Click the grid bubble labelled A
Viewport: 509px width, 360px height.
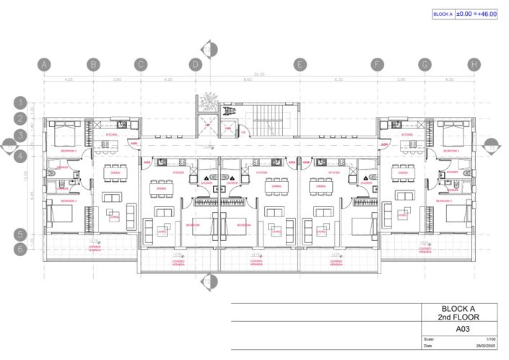45,64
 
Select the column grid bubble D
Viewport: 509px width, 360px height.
195,64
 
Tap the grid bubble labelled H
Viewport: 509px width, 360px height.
473,64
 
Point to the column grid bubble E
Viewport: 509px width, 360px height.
299,64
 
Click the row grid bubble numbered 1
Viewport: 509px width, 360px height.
22,102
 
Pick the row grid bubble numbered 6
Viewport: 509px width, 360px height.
22,249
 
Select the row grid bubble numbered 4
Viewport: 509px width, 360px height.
22,154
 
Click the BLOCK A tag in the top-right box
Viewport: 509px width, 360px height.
442,14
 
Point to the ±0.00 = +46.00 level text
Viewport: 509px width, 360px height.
477,14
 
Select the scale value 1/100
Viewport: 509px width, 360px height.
491,339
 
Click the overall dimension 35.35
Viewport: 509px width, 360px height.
258,74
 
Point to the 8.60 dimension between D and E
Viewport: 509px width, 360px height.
247,79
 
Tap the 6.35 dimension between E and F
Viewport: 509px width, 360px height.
338,79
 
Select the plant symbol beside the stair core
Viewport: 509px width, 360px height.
210,99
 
